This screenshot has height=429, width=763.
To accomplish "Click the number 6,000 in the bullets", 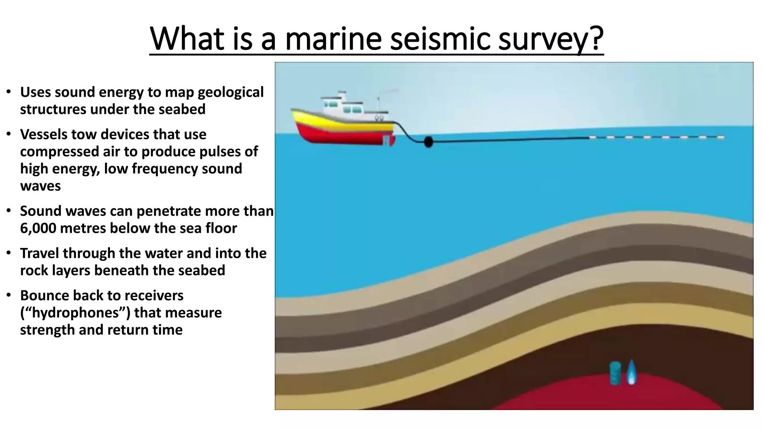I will coord(38,228).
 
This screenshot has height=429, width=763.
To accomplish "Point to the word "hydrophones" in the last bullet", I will coord(77,313).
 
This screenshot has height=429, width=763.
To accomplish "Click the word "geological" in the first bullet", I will coord(231,92).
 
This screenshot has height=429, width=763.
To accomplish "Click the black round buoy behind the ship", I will coord(428,142).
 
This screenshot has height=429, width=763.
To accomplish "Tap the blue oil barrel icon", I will coord(615,373).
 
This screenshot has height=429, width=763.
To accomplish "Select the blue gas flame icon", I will coord(631,372).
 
